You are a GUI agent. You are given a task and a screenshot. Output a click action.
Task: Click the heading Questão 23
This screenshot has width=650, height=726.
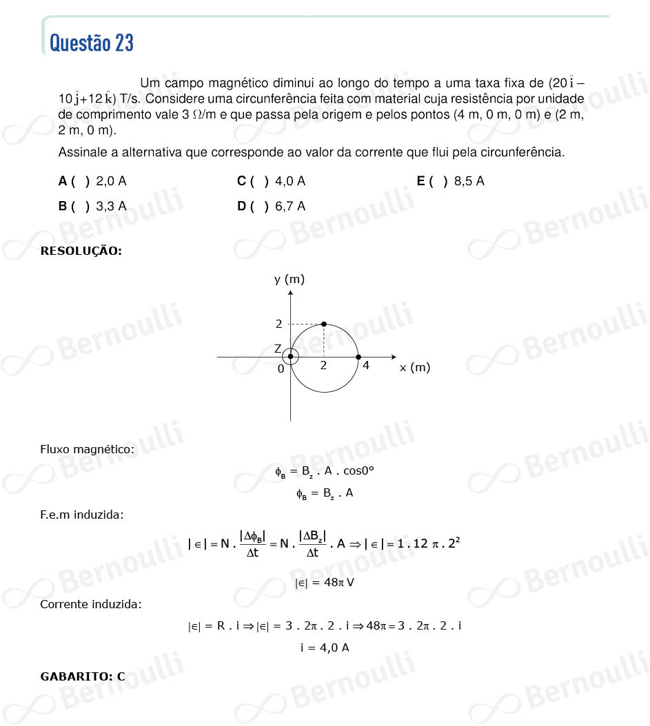92,43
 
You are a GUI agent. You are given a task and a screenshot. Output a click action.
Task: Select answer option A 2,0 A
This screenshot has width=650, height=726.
92,182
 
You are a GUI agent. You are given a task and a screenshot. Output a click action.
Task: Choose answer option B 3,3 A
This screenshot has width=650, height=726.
92,206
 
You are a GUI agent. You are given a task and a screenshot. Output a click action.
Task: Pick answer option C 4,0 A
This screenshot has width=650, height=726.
271,182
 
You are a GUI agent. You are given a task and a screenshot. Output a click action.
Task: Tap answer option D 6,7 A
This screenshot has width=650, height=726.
271,206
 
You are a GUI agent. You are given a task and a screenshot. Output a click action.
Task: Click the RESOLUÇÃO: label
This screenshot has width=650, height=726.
81,251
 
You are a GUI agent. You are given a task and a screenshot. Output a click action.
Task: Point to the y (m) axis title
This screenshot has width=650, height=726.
290,279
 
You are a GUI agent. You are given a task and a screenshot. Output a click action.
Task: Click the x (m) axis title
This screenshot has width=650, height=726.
415,367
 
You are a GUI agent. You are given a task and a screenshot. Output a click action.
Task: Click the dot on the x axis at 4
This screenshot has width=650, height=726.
358,357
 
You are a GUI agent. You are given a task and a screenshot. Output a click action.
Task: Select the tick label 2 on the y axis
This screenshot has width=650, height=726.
279,324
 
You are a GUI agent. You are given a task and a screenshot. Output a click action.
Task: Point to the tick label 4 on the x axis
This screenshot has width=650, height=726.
366,366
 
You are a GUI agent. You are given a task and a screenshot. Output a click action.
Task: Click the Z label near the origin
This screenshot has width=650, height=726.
278,349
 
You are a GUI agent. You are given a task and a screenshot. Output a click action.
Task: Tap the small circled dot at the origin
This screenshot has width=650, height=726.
291,357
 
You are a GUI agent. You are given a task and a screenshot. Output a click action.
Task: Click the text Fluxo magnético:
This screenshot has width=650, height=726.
88,449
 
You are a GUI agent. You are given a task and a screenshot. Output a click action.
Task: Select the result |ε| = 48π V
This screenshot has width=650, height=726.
325,583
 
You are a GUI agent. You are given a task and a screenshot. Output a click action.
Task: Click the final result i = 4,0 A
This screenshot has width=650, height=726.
325,647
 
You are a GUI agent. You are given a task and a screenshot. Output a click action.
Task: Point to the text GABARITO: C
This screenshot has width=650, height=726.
83,676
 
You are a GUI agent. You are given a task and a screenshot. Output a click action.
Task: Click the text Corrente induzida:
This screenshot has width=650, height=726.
91,604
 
